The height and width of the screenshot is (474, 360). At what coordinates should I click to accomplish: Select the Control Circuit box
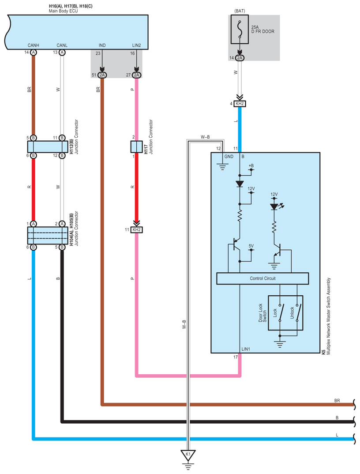coord(262,278)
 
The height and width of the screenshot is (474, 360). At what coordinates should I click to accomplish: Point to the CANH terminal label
coord(34,45)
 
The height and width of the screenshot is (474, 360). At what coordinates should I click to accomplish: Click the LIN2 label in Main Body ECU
coord(136,45)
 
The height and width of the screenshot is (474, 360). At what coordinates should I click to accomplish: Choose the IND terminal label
coord(102,45)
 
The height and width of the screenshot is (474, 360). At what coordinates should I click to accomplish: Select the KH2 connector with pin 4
coord(240,104)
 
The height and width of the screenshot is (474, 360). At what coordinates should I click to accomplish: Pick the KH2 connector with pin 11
coord(136,230)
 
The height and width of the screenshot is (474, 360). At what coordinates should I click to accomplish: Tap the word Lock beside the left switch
coord(275,313)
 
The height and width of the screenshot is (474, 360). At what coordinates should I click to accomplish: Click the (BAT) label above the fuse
coord(240,10)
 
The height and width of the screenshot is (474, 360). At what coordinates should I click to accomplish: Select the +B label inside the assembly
coord(251,166)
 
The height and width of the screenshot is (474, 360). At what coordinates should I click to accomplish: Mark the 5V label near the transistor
coord(251,246)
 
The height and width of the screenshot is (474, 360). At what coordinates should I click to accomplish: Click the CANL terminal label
coord(62,45)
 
